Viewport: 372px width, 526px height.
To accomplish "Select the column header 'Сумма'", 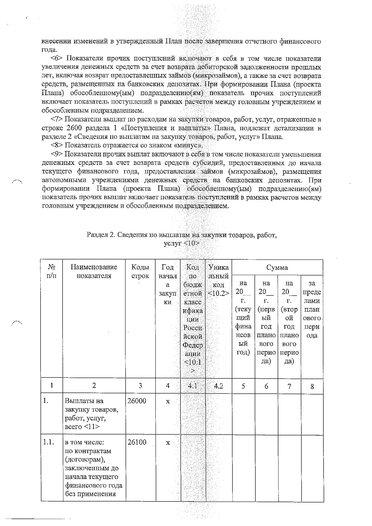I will coord(277,267).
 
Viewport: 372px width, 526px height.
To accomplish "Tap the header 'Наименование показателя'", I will coord(94,271).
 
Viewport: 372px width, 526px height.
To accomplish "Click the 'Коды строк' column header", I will coord(140,271).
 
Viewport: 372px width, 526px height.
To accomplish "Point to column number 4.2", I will coord(219,386).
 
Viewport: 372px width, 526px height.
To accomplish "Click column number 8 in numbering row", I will coord(312,386).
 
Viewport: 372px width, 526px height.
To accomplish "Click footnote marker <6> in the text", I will coord(57,59).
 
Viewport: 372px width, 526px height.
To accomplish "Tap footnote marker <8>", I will coord(57,145).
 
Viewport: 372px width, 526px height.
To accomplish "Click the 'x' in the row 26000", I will coord(168,401).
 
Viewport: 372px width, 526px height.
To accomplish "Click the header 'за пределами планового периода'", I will coord(312,309).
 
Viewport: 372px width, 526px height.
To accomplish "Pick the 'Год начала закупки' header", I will coord(168,284).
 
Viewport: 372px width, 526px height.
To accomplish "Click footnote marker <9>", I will coord(57,154).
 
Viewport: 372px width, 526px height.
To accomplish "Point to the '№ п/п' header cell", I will coord(51,271).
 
